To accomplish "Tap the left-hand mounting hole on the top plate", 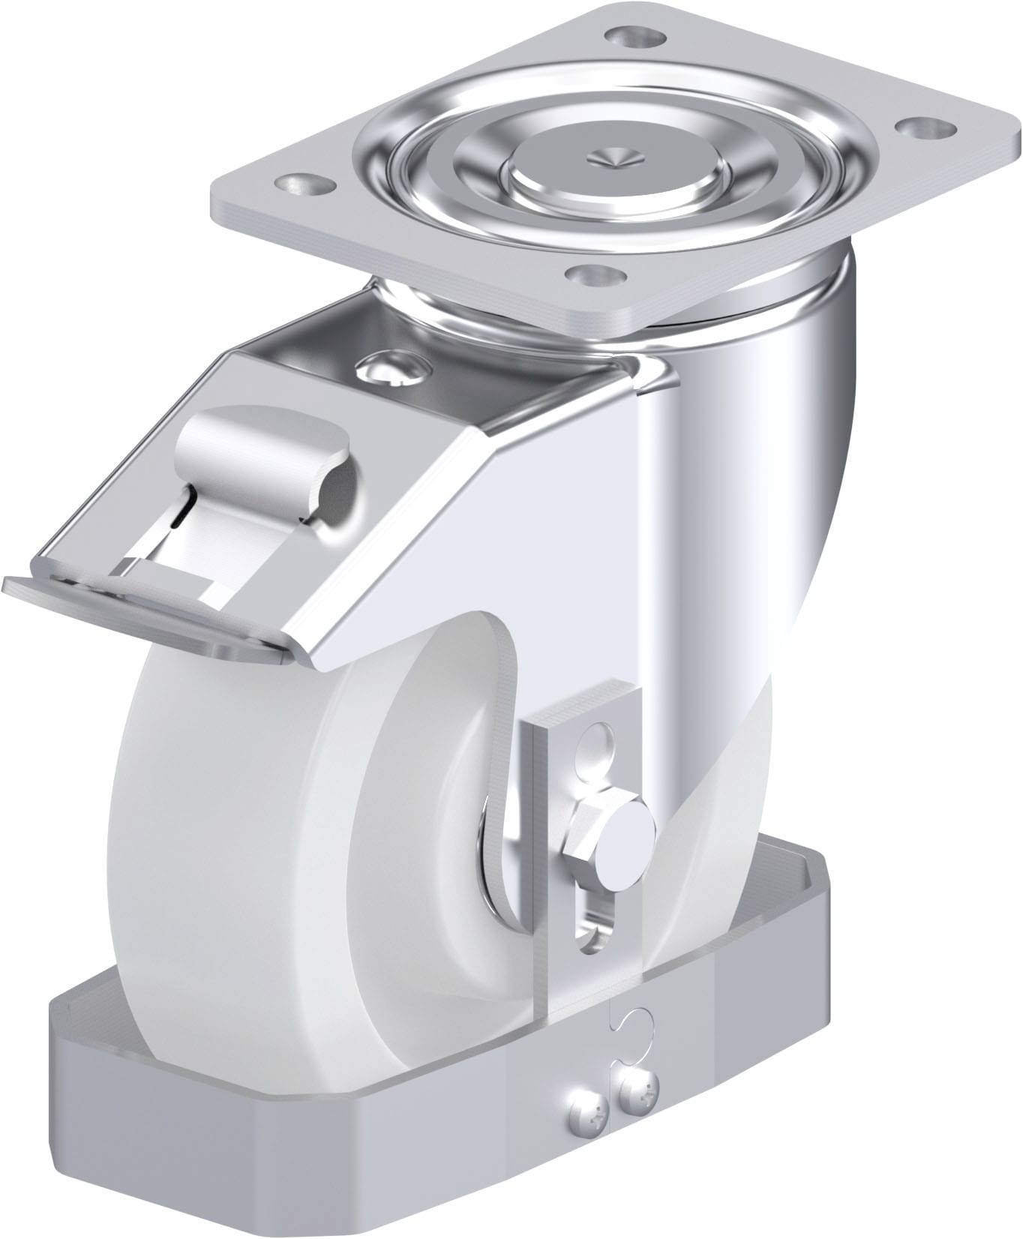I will pyautogui.click(x=299, y=181).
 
